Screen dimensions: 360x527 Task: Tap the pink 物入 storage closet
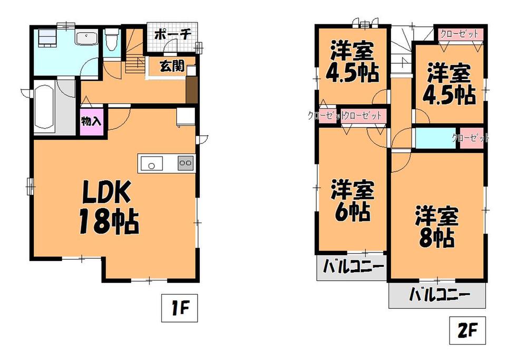(x=91, y=122)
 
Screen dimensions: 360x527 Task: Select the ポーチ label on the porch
(x=172, y=35)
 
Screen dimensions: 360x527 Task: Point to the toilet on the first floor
(x=111, y=40)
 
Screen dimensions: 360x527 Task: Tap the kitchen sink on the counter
(x=151, y=164)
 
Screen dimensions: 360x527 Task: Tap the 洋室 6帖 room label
(x=352, y=201)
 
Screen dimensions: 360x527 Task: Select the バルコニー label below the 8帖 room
(x=437, y=295)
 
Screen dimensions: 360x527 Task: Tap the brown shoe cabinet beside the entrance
(x=191, y=90)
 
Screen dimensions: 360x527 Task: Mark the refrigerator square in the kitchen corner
(x=184, y=116)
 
